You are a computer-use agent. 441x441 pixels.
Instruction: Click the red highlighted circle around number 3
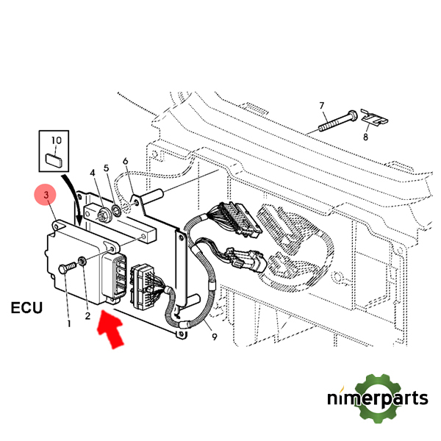click(x=47, y=196)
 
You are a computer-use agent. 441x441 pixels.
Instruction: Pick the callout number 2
click(x=87, y=316)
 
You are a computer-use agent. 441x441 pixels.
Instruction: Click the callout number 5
click(x=109, y=168)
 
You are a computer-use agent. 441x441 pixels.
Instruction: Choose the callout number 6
click(x=125, y=161)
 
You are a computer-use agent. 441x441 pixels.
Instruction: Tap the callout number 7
click(x=321, y=107)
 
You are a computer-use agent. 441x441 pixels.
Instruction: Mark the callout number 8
click(x=365, y=137)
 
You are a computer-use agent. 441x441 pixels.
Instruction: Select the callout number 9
click(x=214, y=337)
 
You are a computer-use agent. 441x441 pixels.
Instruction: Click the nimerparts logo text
click(x=377, y=399)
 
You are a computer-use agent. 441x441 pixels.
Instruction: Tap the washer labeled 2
click(x=84, y=260)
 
